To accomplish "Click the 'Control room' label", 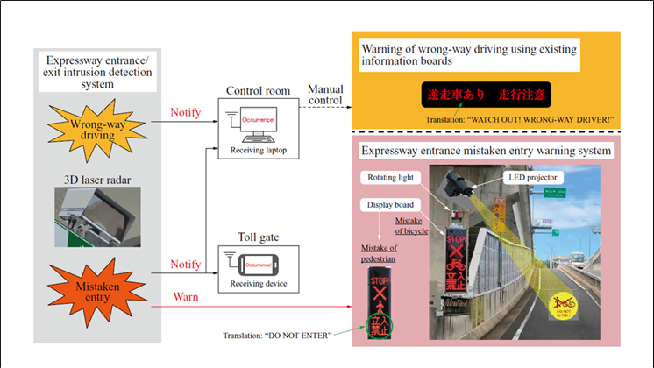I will (x=256, y=90).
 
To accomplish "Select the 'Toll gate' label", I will (x=255, y=236).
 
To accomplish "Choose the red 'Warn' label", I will (x=185, y=298).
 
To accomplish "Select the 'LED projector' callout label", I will (x=530, y=178).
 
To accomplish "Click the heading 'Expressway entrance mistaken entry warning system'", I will (x=486, y=150).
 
